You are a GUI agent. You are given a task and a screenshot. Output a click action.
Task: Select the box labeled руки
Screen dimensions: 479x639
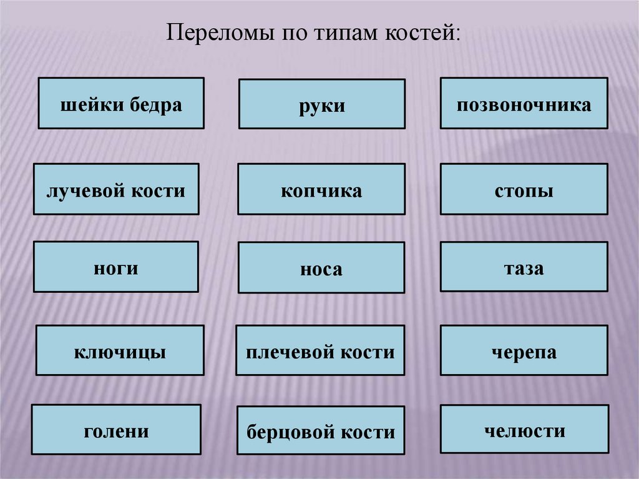click(321, 104)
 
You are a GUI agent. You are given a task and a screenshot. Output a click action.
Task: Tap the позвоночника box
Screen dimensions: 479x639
click(524, 103)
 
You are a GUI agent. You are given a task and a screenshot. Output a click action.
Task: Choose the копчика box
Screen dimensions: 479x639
click(321, 189)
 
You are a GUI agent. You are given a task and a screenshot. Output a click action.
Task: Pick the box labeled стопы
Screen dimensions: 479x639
click(524, 189)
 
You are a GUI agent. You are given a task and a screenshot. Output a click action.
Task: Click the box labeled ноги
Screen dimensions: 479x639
click(115, 267)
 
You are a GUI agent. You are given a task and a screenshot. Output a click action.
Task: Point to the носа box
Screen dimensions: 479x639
click(321, 268)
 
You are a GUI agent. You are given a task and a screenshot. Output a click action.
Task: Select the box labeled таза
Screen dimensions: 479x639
click(524, 267)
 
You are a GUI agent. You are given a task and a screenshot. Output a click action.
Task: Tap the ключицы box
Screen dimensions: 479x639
click(120, 350)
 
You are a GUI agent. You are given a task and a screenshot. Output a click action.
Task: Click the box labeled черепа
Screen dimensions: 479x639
click(524, 350)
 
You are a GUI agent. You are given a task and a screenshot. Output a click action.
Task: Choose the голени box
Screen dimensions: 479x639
click(116, 430)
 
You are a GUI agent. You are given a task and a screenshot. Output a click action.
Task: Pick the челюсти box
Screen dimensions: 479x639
click(524, 429)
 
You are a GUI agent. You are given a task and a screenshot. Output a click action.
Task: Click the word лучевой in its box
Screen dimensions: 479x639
click(85, 190)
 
